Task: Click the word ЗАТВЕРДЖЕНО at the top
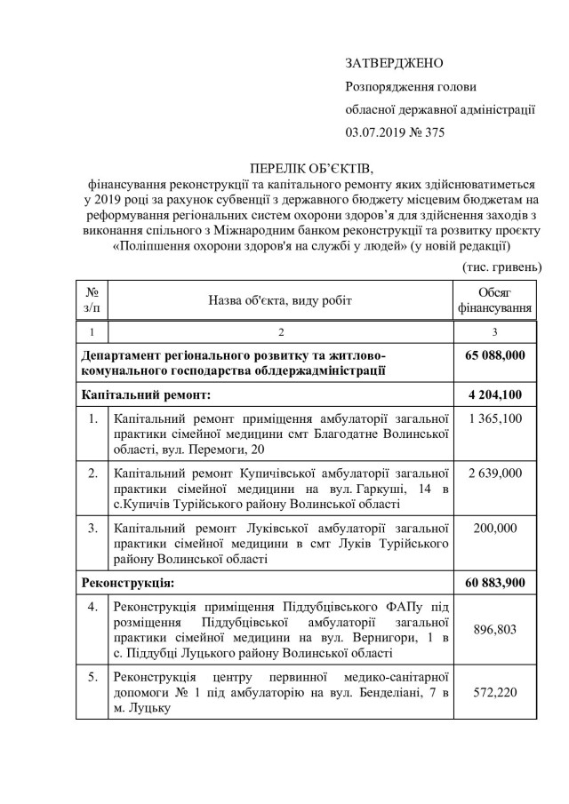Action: point(394,64)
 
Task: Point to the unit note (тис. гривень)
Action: point(501,267)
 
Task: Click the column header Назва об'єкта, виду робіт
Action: point(280,300)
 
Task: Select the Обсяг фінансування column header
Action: point(494,300)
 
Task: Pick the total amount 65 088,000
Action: point(494,355)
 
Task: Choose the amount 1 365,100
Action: point(494,418)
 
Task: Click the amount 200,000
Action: point(494,526)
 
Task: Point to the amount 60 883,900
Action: point(494,583)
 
